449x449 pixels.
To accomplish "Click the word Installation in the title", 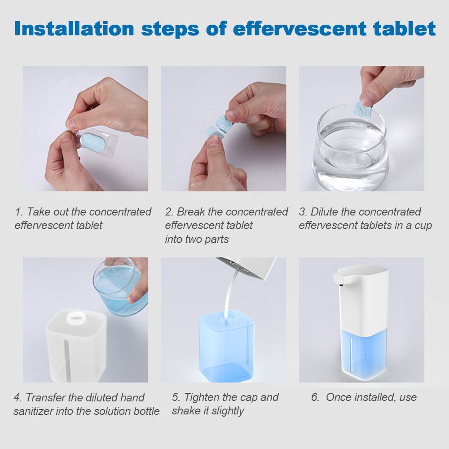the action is click(74, 29).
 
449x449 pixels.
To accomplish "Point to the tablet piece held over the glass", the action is click(363, 110).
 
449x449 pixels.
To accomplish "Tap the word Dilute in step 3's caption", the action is click(325, 212).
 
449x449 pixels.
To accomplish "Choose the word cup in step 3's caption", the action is click(423, 226).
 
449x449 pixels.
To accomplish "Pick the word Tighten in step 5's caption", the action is click(202, 397).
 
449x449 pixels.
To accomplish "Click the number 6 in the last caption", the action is click(315, 397).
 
